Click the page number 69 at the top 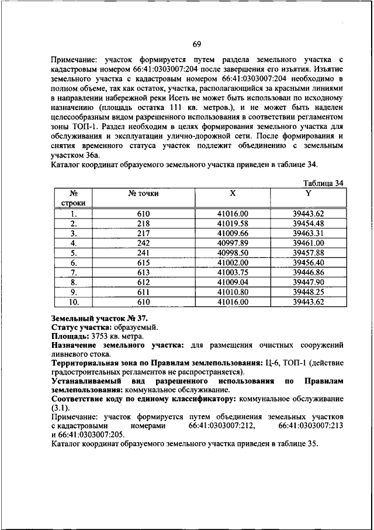coord(197,45)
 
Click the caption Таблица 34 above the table coord(320,183)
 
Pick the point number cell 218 coord(144,223)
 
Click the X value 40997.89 coord(233,242)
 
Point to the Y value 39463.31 coord(308,232)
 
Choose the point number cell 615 coord(144,262)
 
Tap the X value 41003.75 coord(233,272)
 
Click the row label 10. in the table coord(74,302)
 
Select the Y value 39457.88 coord(308,252)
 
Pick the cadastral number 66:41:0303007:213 coord(311,425)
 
